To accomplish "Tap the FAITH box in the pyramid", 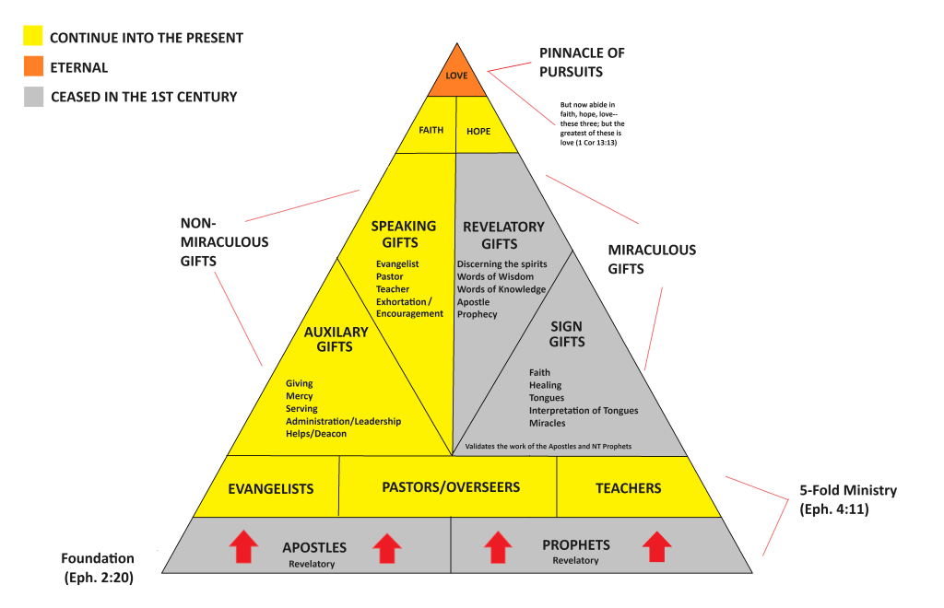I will click(x=431, y=131).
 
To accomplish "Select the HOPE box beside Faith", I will click(x=478, y=132).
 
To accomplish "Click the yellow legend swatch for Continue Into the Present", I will click(x=33, y=38).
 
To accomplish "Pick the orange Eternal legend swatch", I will click(x=33, y=67).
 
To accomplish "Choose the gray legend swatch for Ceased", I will click(x=33, y=97).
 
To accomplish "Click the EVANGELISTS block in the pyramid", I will click(x=271, y=488).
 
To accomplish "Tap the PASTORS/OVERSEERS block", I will click(x=451, y=486).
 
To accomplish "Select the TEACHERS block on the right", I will click(x=628, y=487).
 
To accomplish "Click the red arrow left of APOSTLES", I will click(x=243, y=547).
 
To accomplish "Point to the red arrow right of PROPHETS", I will click(x=656, y=546).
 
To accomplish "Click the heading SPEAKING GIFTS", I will click(x=404, y=235).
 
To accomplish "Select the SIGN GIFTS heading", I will click(x=567, y=334).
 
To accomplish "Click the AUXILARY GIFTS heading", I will click(x=336, y=339).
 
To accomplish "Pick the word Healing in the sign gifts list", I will click(x=545, y=385).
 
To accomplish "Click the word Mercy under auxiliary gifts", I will click(x=299, y=396).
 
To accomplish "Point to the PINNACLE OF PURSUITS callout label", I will click(x=582, y=63).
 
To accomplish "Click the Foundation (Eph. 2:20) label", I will click(x=97, y=567).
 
